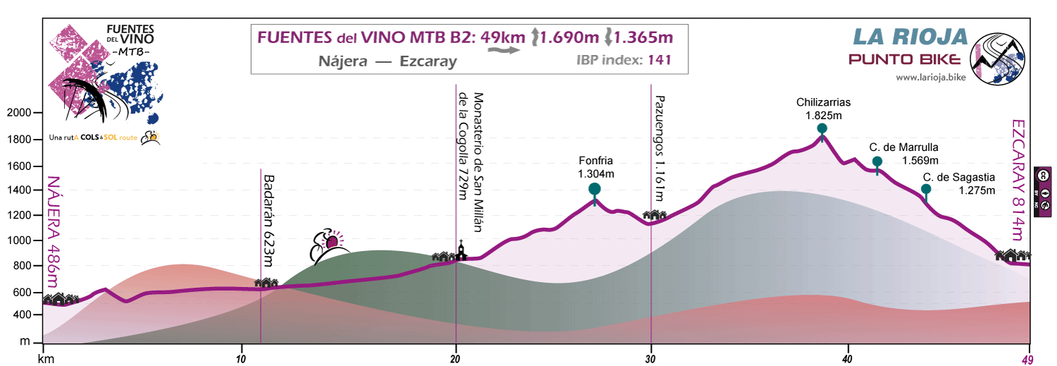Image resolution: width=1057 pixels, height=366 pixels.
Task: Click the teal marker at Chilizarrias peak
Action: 822,129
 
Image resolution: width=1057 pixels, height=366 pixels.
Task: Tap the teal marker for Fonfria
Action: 594,189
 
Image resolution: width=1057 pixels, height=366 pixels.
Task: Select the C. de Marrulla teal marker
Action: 877,162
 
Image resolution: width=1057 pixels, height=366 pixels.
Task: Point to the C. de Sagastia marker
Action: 926,189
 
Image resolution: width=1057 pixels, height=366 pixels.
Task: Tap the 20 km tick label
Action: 456,358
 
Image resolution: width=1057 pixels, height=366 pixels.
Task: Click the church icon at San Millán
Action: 460,250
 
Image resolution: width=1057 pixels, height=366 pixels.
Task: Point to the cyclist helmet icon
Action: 330,243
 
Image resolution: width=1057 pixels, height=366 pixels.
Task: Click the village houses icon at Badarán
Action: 266,282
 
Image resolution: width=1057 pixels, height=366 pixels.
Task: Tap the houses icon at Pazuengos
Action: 655,215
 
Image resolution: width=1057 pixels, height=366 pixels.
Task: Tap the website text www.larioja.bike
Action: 931,76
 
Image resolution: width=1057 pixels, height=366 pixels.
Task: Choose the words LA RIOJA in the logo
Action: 910,37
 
